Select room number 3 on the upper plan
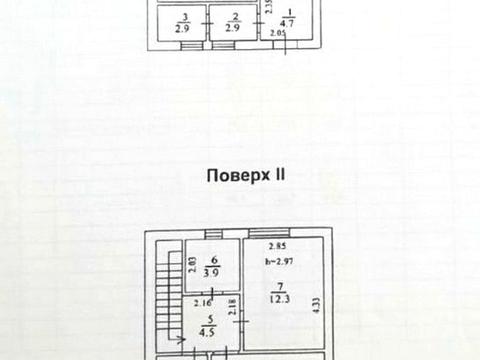pos(183,17)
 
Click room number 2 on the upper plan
pos(235,17)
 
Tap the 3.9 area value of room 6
pos(212,272)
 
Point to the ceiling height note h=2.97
pos(279,262)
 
